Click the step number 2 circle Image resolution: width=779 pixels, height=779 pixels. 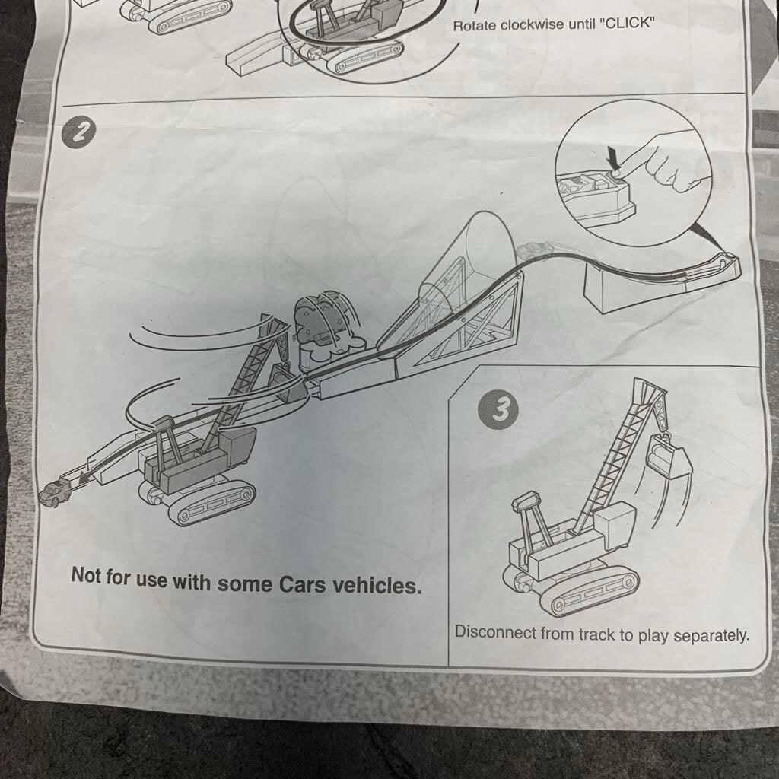79,132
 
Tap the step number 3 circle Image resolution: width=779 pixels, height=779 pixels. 498,410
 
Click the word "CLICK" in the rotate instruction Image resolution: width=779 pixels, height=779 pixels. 628,24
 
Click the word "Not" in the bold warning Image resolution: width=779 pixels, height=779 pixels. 86,575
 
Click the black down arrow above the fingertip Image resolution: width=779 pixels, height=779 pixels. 615,160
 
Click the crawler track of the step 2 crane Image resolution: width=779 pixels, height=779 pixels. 210,503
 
